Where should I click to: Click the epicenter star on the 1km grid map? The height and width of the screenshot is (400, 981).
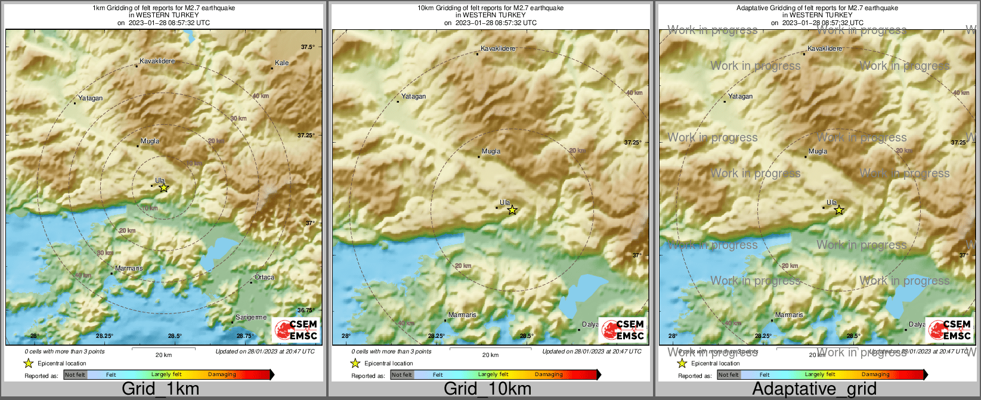164,187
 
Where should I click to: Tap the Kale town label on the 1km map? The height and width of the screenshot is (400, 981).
281,63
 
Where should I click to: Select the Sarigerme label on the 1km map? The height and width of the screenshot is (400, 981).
251,317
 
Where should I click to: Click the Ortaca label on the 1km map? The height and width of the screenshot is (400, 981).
264,277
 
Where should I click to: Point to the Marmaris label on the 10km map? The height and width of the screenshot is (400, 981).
462,315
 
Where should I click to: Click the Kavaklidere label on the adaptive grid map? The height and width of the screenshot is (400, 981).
825,48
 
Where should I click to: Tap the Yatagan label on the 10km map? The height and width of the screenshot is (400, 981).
413,96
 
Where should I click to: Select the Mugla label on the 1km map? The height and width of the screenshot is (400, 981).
150,141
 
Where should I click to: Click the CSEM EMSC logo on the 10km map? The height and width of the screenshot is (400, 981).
623,330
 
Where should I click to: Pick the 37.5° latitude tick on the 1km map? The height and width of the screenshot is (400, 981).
308,47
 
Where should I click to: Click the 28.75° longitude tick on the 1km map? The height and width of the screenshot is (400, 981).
245,336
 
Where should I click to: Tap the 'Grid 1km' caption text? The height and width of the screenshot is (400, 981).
160,389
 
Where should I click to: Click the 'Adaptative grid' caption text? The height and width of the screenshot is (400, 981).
814,389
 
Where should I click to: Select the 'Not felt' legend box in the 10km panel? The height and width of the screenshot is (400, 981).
401,375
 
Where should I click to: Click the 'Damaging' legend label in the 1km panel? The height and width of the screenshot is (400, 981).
222,375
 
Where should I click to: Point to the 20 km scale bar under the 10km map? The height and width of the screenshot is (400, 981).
490,349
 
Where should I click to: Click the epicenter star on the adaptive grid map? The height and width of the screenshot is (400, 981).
839,210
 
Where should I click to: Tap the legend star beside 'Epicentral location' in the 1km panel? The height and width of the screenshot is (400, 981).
28,363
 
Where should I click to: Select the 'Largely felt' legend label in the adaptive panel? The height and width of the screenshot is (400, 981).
820,375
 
